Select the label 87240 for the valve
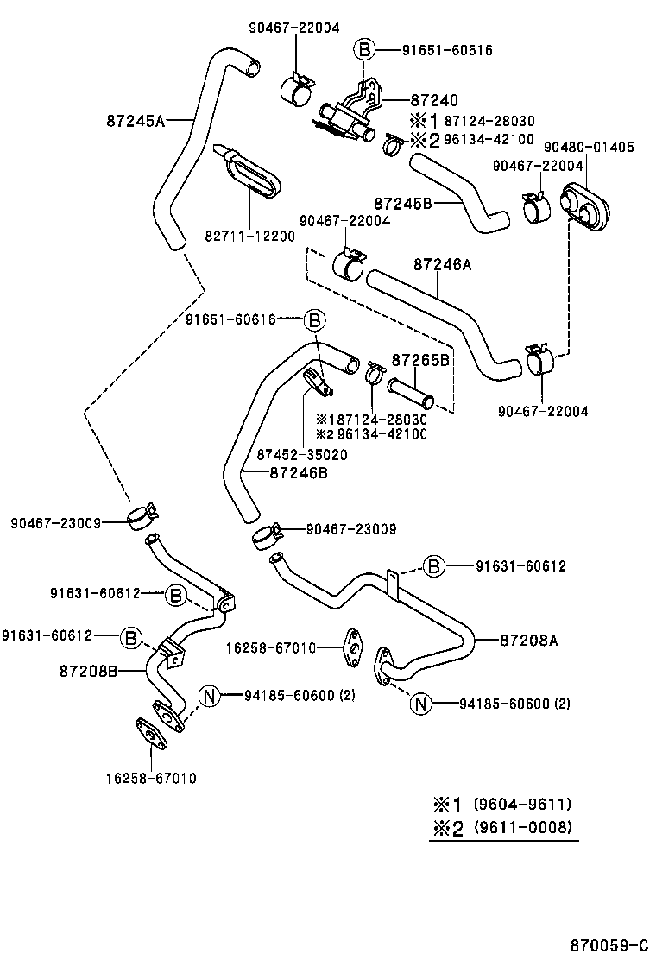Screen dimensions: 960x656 433,101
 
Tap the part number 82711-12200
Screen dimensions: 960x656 250,236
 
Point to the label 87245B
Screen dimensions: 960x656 402,203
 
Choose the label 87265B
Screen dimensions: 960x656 420,360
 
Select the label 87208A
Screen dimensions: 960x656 529,640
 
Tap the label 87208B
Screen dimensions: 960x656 89,670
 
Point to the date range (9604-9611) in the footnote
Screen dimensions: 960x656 522,804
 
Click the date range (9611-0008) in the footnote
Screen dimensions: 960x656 523,828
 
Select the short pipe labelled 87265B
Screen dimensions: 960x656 409,392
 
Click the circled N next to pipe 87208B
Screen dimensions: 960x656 211,695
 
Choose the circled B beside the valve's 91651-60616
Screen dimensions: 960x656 364,51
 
